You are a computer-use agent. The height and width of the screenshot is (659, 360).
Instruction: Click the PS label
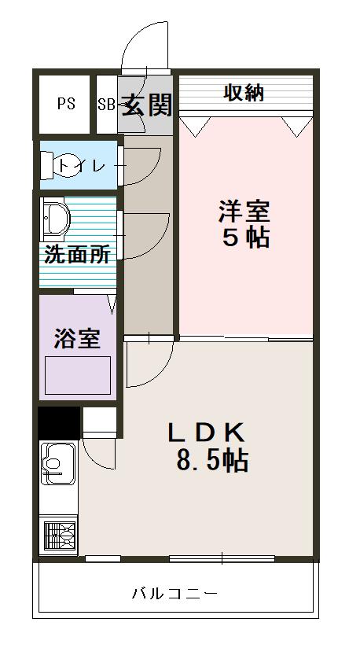(x=66, y=104)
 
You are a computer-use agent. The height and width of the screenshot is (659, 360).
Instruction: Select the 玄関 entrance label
(x=146, y=104)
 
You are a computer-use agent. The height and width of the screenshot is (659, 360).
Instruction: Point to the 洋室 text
(x=244, y=211)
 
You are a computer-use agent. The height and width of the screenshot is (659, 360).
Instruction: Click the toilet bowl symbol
(x=58, y=165)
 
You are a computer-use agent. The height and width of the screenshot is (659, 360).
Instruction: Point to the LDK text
(x=208, y=433)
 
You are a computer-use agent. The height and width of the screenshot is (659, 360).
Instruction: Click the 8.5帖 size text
(x=212, y=461)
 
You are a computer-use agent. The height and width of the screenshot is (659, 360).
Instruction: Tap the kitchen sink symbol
(x=57, y=463)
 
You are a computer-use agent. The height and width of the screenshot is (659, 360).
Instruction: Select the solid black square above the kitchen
(x=58, y=422)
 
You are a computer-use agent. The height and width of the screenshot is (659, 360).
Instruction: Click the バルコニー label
(x=174, y=593)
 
